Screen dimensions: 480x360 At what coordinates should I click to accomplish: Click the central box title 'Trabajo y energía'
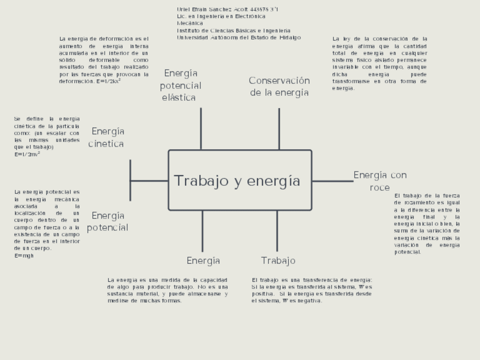(237, 181)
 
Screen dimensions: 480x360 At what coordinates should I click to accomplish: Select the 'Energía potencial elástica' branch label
(180, 85)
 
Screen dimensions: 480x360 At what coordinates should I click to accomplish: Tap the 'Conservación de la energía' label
(279, 87)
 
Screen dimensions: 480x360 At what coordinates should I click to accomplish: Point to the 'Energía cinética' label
(107, 138)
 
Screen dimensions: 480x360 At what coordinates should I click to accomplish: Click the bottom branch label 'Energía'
(203, 261)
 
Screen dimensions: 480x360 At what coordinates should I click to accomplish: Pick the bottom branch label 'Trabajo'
(278, 261)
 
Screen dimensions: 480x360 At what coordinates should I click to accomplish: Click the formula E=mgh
(24, 256)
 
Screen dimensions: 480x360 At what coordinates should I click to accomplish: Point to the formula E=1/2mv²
(27, 154)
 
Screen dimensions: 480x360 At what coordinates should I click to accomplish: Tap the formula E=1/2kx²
(109, 82)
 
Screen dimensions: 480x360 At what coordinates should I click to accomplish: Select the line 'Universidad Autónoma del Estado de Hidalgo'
(238, 37)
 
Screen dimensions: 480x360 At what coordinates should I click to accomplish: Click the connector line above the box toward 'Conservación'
(279, 128)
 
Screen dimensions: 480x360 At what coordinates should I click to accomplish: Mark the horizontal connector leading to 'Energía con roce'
(332, 181)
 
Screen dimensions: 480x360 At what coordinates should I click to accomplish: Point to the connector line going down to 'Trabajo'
(277, 231)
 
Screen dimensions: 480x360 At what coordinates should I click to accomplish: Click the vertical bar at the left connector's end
(130, 180)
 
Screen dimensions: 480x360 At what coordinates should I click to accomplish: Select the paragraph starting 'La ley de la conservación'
(379, 63)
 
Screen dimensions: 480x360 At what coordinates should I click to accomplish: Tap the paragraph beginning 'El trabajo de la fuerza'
(427, 224)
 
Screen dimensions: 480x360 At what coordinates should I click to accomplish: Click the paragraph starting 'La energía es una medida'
(168, 290)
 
